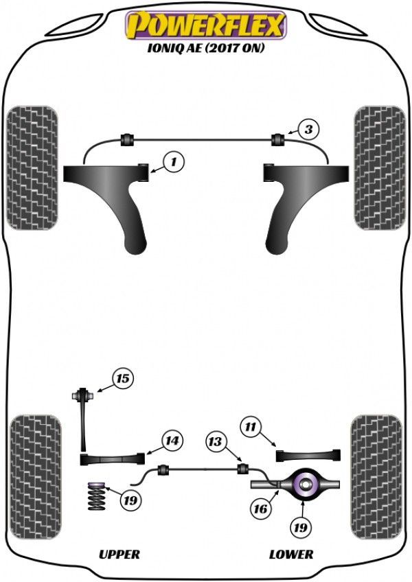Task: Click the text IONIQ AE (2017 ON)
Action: pyautogui.click(x=205, y=49)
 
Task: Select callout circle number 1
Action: pyautogui.click(x=174, y=162)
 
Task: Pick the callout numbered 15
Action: pyautogui.click(x=123, y=378)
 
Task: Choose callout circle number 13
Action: pyautogui.click(x=217, y=442)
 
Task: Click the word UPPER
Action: pyautogui.click(x=119, y=554)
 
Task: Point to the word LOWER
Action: pyautogui.click(x=291, y=554)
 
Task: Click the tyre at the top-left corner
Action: pyautogui.click(x=32, y=167)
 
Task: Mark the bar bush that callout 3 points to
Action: pyautogui.click(x=279, y=139)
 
